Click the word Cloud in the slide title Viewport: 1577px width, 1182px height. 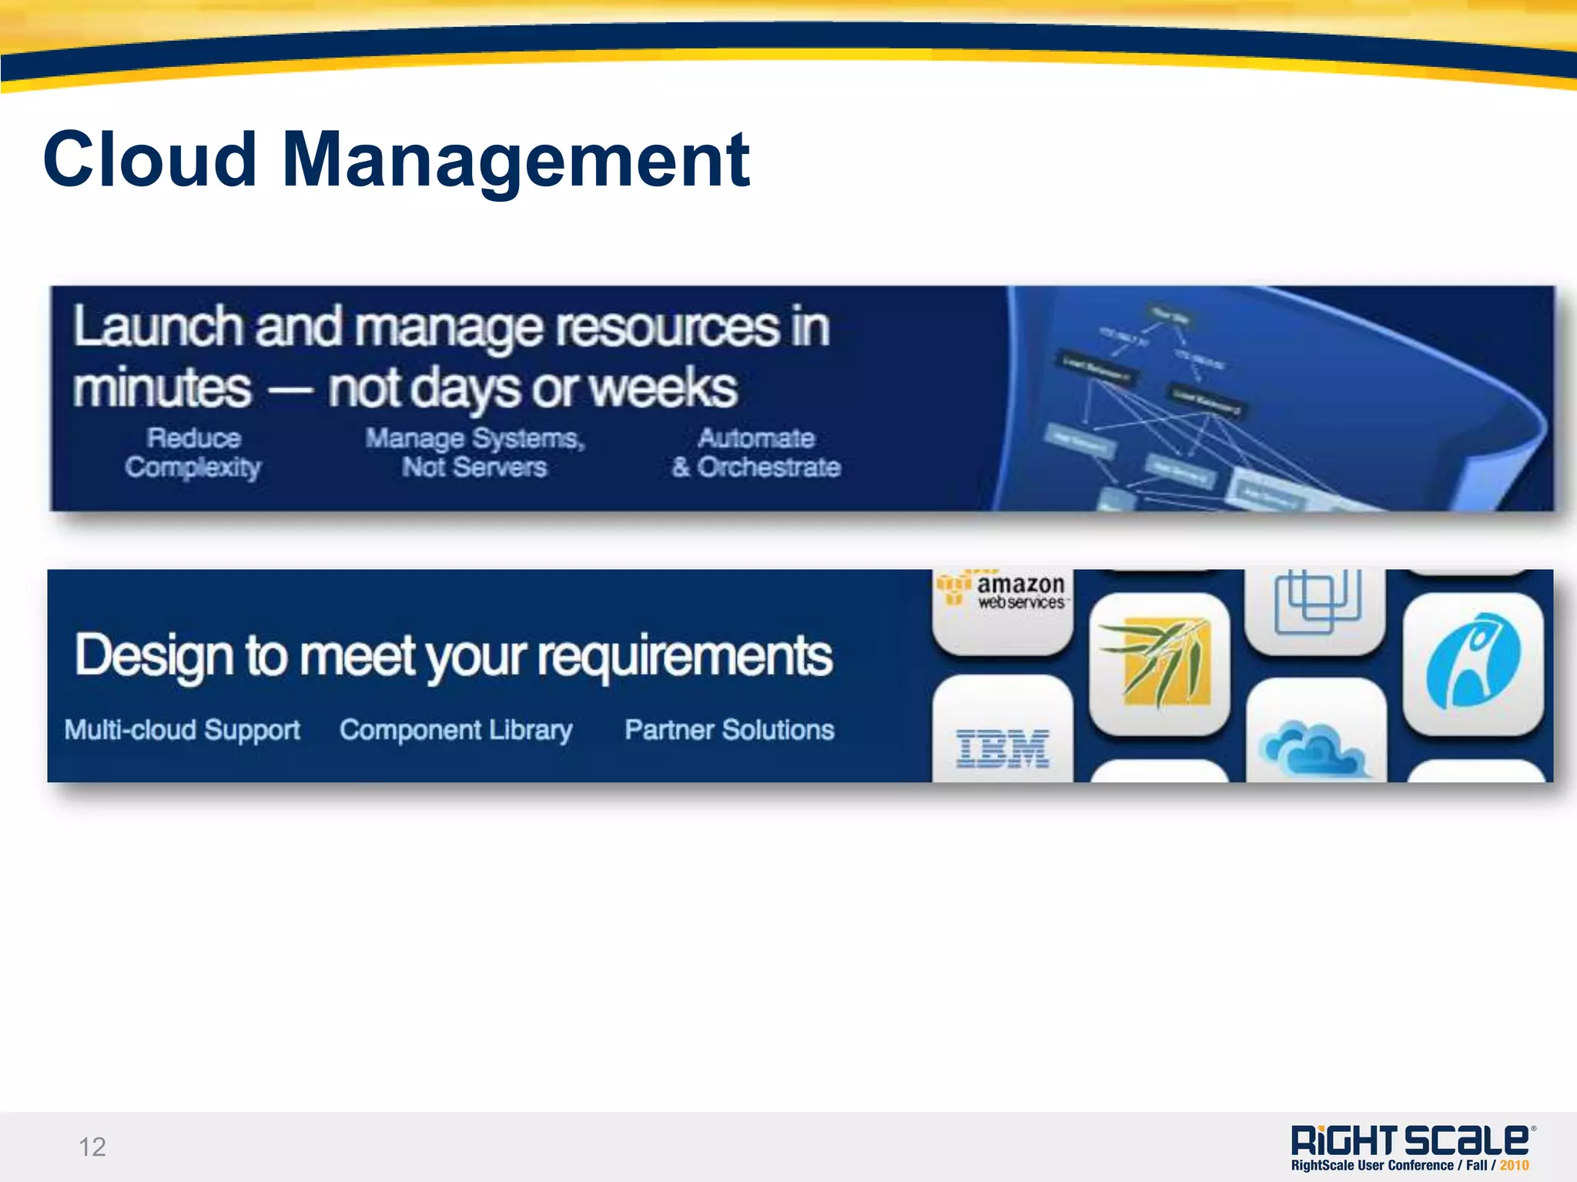point(149,159)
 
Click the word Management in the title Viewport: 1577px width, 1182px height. point(515,159)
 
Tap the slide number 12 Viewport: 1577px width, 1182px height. point(92,1147)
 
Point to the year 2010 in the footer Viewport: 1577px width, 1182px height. point(1514,1165)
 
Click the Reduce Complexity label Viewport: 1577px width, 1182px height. point(193,453)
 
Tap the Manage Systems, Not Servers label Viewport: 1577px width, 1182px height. point(475,453)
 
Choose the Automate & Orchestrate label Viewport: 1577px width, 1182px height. point(756,453)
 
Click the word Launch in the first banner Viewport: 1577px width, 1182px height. point(158,326)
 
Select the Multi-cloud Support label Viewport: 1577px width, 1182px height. point(182,730)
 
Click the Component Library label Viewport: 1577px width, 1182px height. point(456,730)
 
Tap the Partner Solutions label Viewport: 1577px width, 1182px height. point(729,730)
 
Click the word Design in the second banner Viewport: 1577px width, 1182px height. point(154,657)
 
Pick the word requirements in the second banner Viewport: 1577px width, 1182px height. point(685,657)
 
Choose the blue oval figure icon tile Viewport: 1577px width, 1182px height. point(1473,662)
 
